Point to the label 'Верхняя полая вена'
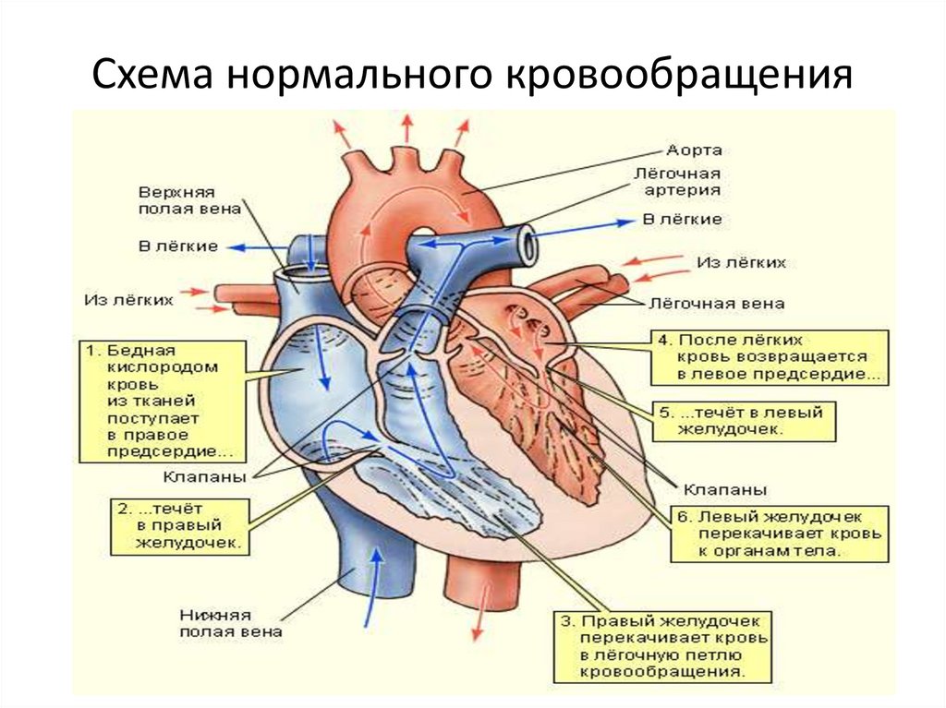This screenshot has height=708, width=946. [176, 201]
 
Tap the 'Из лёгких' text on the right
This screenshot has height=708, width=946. [741, 263]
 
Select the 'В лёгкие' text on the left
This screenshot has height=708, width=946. [178, 246]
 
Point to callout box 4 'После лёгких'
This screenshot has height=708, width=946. [769, 357]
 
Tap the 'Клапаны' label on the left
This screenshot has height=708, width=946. [204, 478]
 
